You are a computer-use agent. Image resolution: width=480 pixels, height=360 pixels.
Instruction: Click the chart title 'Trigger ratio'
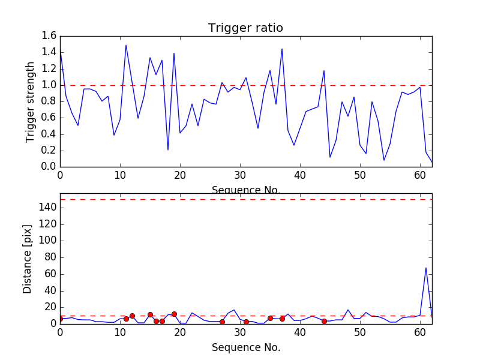(x=245, y=28)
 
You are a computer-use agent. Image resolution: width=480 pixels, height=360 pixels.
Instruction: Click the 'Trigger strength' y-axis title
(x=31, y=101)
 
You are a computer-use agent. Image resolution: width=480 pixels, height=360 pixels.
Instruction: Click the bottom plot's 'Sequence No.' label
(x=245, y=347)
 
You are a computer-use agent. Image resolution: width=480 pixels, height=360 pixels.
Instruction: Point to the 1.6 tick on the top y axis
(x=49, y=36)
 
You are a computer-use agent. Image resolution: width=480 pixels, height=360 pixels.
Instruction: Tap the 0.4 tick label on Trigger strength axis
(x=49, y=134)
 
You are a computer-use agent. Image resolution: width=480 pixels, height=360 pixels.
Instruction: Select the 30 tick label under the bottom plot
(x=240, y=333)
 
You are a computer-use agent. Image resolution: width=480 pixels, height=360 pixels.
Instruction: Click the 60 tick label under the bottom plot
(x=420, y=333)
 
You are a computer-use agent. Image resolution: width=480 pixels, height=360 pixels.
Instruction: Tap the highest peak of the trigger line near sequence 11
(x=126, y=45)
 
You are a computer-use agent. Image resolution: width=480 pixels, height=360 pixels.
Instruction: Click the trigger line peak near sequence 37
(x=282, y=49)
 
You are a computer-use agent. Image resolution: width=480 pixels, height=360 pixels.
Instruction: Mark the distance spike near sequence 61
(x=426, y=268)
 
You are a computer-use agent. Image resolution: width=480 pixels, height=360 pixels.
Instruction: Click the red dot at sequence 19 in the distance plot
(x=174, y=314)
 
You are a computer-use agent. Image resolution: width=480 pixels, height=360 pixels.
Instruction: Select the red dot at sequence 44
(x=324, y=321)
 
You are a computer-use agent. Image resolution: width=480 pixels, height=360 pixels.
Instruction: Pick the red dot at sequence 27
(x=222, y=322)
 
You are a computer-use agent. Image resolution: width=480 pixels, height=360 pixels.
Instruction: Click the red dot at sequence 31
(x=246, y=322)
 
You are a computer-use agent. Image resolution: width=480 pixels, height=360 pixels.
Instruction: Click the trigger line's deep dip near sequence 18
(x=168, y=149)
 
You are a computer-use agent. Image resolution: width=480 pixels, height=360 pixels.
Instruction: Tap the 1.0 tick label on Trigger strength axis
(x=49, y=85)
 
